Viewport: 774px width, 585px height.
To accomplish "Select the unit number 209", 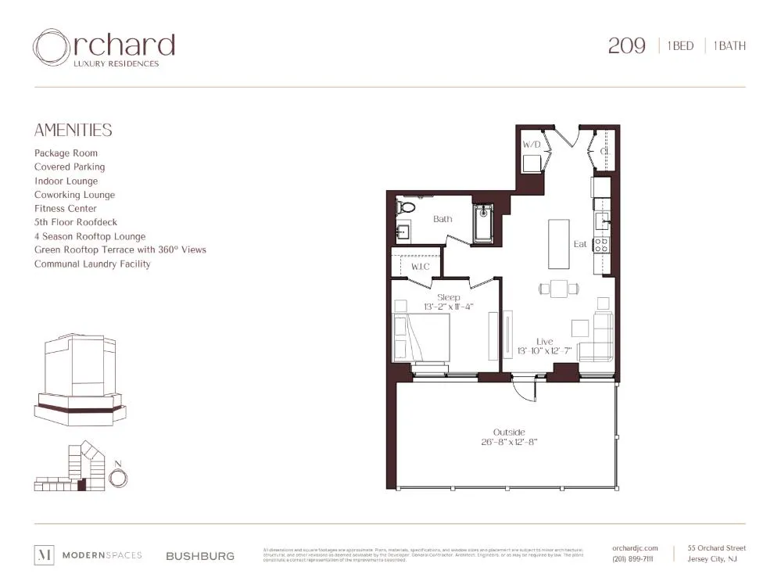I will (x=626, y=46).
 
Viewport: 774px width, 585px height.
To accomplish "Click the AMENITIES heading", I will (x=73, y=131).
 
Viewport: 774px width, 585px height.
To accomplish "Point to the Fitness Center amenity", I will (x=66, y=209).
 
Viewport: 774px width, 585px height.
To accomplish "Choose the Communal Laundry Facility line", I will (x=92, y=264).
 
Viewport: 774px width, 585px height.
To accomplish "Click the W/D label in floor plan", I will (x=532, y=145).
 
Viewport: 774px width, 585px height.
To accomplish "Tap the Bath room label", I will (x=443, y=219).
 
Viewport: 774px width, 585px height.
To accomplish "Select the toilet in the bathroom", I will (x=404, y=208).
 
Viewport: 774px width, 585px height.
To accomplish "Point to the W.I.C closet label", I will (x=420, y=267).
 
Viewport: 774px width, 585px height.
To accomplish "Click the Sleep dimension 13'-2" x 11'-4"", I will (x=448, y=307).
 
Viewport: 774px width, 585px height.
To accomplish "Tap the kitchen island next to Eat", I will (x=558, y=243).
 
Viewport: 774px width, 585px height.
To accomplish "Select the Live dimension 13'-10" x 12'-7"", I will (x=545, y=351).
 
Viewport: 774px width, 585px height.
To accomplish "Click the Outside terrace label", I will (x=508, y=432).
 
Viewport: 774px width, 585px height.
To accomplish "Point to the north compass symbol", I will (x=118, y=477).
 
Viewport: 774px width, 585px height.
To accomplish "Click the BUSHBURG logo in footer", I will (x=199, y=556).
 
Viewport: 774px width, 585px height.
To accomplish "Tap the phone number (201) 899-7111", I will (x=633, y=559).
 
